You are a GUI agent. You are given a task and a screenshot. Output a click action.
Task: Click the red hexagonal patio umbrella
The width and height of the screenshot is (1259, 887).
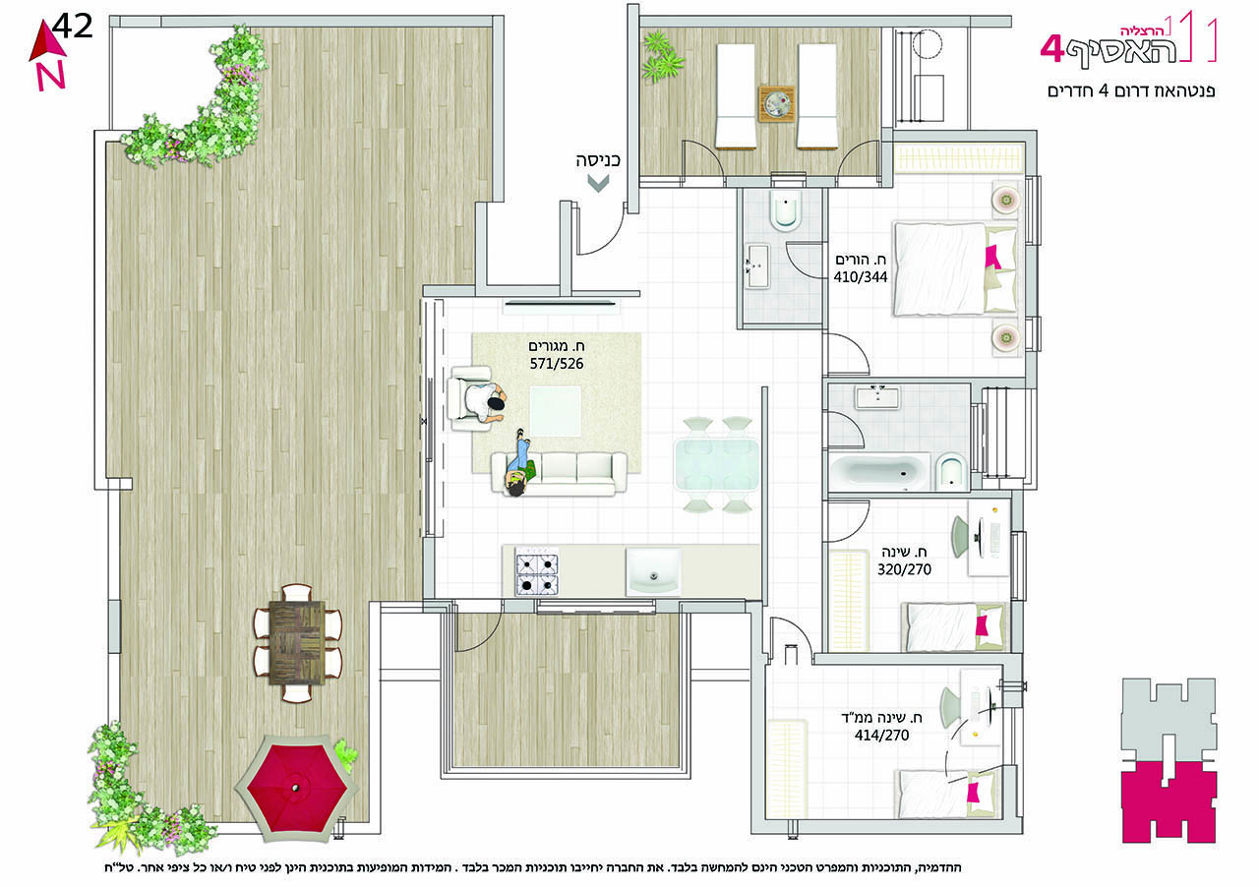(296, 788)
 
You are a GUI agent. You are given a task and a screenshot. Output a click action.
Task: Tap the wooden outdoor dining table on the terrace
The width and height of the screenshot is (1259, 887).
(297, 642)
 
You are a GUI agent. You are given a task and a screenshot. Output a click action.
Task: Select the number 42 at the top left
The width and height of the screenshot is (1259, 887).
(73, 27)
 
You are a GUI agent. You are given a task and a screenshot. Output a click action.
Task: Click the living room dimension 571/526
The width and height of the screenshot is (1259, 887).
(557, 364)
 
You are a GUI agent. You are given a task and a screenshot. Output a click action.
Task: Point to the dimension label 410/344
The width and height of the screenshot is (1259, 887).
(860, 277)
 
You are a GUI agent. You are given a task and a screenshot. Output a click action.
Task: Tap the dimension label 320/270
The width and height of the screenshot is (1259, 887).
(904, 569)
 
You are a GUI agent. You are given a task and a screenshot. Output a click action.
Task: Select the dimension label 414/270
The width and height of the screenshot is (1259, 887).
(881, 736)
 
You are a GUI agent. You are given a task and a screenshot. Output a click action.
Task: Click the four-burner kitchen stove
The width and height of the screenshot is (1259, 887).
(537, 571)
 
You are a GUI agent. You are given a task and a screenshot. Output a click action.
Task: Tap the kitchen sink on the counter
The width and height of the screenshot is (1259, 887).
(653, 571)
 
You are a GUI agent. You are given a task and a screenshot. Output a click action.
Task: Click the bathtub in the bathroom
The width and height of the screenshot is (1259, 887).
(880, 471)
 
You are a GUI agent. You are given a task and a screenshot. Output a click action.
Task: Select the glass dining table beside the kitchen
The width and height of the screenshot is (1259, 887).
(716, 464)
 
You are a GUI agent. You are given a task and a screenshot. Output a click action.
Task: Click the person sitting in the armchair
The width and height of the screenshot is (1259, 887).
(484, 403)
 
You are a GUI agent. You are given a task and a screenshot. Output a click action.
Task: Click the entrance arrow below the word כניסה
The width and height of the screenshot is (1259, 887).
(598, 183)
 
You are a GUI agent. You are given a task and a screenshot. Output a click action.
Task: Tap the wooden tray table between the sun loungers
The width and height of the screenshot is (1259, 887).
(777, 103)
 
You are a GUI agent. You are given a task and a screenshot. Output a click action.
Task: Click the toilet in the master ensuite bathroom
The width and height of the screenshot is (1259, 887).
(786, 211)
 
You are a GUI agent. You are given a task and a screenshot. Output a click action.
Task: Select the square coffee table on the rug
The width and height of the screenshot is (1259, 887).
(556, 411)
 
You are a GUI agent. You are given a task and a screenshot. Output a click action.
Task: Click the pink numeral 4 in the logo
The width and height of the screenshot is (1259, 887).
(1052, 49)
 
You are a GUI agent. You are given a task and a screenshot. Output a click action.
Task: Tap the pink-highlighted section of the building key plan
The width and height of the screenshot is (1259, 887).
(1169, 802)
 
